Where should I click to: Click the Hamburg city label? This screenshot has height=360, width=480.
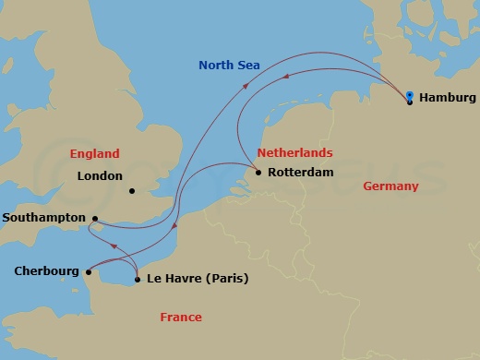click(x=448, y=97)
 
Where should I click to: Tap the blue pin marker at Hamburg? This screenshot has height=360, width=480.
click(x=410, y=94)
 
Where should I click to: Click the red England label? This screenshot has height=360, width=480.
click(x=95, y=153)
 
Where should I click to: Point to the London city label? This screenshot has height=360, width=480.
click(x=100, y=175)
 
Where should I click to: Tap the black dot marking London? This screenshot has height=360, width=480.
click(x=132, y=192)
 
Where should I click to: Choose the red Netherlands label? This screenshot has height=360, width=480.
click(x=294, y=151)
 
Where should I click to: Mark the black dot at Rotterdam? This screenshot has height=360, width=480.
click(x=258, y=173)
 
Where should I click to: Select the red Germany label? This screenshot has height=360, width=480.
click(x=390, y=186)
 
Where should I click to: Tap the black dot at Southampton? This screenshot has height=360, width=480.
click(x=94, y=219)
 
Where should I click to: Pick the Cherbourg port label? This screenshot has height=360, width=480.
click(x=46, y=271)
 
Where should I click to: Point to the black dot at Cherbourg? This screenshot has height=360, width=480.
click(x=89, y=271)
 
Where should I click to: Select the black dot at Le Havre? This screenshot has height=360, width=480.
click(x=137, y=279)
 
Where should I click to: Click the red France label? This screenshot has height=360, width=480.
click(x=181, y=317)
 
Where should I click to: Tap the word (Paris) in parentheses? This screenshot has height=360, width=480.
click(x=228, y=279)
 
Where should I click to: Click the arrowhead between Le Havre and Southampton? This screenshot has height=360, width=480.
click(x=114, y=246)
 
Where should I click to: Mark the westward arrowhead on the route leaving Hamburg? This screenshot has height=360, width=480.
click(x=284, y=79)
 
